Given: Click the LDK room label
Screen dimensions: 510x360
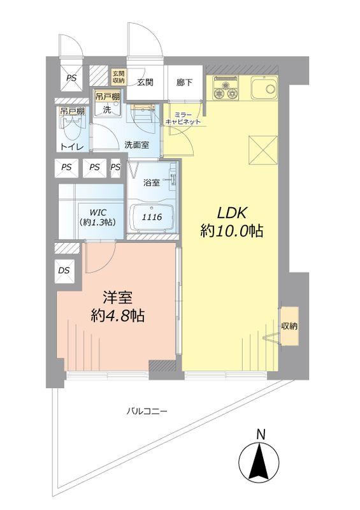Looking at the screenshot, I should [233, 212].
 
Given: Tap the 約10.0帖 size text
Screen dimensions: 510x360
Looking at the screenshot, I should [233, 232].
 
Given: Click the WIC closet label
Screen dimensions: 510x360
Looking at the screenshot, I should [98, 213].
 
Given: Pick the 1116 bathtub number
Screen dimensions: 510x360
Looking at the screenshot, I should [152, 217].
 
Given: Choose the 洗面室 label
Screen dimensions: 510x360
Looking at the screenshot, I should [136, 145].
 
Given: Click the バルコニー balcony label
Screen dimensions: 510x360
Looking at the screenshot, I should [146, 411].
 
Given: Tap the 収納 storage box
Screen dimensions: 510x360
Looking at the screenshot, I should [289, 326].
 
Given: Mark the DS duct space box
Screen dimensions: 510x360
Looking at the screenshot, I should [64, 270].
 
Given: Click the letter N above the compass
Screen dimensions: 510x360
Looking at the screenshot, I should [260, 435].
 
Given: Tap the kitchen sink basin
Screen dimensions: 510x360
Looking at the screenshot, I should [263, 87].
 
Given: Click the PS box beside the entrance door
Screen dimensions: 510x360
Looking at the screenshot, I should [71, 78].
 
